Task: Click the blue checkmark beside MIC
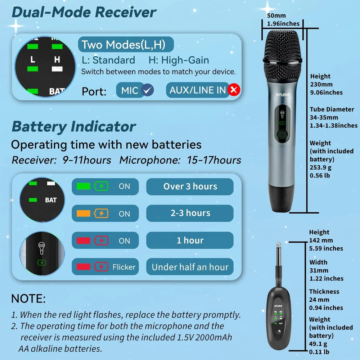click(x=147, y=90)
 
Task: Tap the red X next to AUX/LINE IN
click(x=234, y=90)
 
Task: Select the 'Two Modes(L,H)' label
click(x=126, y=44)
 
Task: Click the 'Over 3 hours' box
click(x=190, y=186)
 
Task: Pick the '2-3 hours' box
click(x=190, y=213)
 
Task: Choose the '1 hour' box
click(x=190, y=240)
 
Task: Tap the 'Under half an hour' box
click(x=190, y=267)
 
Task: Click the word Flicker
click(x=124, y=267)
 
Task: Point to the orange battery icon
click(x=101, y=213)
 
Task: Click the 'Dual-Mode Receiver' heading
click(x=84, y=12)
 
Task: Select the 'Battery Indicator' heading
click(x=74, y=126)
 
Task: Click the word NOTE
click(x=28, y=298)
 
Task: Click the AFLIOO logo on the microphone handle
click(x=283, y=95)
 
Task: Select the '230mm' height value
click(x=321, y=84)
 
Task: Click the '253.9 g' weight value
click(x=320, y=167)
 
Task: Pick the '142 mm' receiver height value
click(x=321, y=240)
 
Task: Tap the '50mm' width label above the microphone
click(x=276, y=15)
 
